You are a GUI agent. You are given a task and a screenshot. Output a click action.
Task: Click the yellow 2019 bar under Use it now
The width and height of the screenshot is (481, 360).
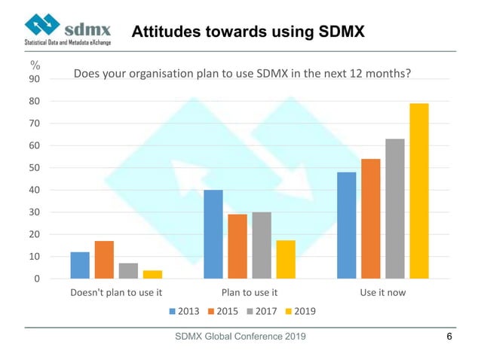[x=418, y=191]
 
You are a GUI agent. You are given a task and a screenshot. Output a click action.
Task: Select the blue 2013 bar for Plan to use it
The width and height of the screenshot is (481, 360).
[x=213, y=234]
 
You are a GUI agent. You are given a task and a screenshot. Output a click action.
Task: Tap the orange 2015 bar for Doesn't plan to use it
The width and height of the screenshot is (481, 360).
[x=104, y=260]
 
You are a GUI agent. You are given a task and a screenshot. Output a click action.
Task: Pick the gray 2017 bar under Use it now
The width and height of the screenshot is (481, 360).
[x=395, y=209]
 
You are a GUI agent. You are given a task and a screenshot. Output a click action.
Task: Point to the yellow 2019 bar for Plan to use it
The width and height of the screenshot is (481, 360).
[x=286, y=260]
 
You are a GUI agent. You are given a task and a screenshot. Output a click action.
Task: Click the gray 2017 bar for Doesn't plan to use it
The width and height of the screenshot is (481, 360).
[x=128, y=271]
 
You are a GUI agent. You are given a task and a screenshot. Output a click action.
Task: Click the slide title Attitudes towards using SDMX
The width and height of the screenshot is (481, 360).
[x=249, y=32]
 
